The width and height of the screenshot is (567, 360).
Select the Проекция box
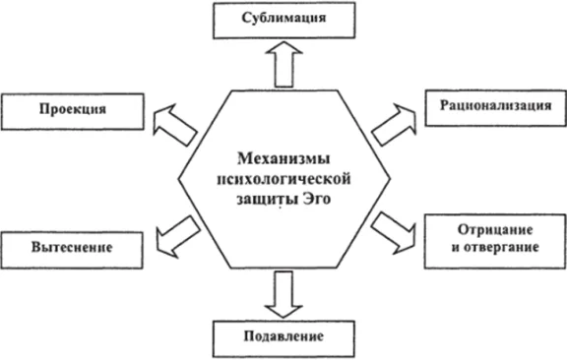click(67, 110)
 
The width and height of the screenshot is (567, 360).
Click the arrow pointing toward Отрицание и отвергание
click(395, 229)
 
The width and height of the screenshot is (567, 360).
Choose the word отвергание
click(502, 245)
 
